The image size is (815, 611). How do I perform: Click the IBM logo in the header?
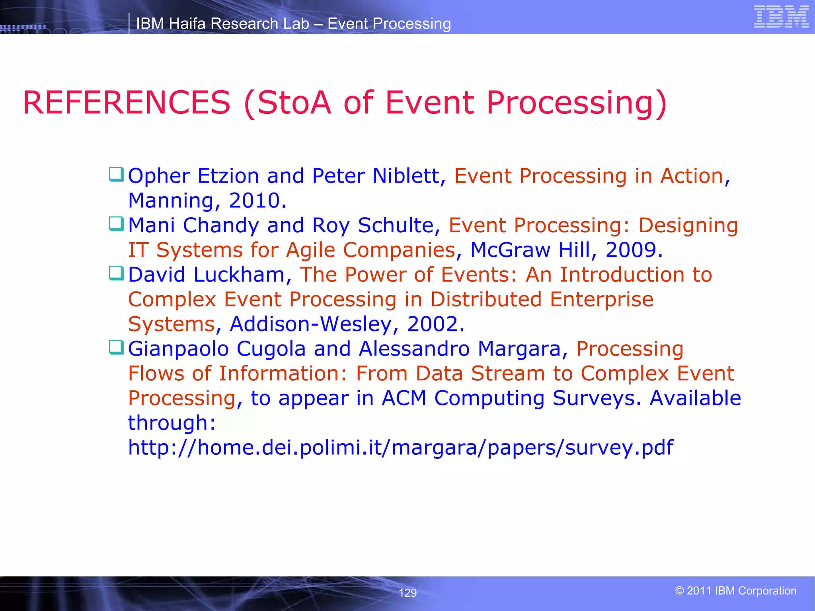coord(781,17)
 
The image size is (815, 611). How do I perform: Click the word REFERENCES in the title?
coord(127,103)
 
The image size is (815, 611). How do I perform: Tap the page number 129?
coord(407,593)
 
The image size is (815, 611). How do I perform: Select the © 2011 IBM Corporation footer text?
coord(736,591)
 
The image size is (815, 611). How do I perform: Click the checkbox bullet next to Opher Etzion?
coord(116,174)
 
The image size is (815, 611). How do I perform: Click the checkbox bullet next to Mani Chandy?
coord(116,224)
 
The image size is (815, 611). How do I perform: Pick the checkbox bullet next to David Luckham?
coord(116,273)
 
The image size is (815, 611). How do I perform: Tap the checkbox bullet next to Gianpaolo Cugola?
coord(116,347)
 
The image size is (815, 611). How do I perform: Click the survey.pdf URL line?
coord(400,447)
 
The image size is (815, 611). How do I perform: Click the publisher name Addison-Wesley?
coord(311,324)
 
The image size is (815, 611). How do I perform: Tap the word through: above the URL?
coord(172,423)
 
